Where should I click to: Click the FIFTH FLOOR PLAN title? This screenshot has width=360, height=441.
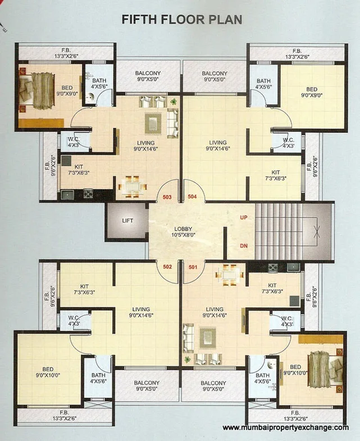[182, 19]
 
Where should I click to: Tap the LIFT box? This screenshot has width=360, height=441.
[127, 221]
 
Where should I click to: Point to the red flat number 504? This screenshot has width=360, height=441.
[193, 197]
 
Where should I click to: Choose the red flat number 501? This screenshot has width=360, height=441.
[193, 267]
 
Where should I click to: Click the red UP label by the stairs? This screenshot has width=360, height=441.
[244, 217]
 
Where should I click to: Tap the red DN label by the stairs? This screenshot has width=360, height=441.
[244, 245]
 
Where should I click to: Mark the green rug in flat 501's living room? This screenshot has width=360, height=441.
[208, 339]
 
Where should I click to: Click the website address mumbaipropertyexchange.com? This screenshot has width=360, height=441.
[285, 428]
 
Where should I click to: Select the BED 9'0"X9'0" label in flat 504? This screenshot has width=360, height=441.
[311, 92]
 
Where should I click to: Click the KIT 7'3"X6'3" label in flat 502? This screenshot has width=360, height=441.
[85, 289]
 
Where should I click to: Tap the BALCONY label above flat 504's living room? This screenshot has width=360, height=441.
[215, 76]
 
